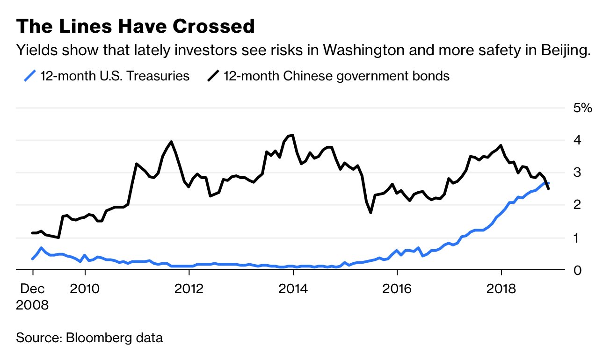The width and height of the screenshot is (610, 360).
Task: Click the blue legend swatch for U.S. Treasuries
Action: click(30, 76)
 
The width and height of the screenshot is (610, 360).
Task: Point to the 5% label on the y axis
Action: click(582, 108)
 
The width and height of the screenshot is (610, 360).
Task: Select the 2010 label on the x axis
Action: click(85, 288)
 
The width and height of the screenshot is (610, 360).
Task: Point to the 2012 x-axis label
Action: click(189, 288)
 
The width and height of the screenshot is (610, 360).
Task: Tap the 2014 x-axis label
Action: click(293, 288)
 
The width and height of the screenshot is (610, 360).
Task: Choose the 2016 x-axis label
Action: click(397, 288)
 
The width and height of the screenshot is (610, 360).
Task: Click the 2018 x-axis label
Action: click(501, 288)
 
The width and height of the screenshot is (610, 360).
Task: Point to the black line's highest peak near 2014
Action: click(292, 135)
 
